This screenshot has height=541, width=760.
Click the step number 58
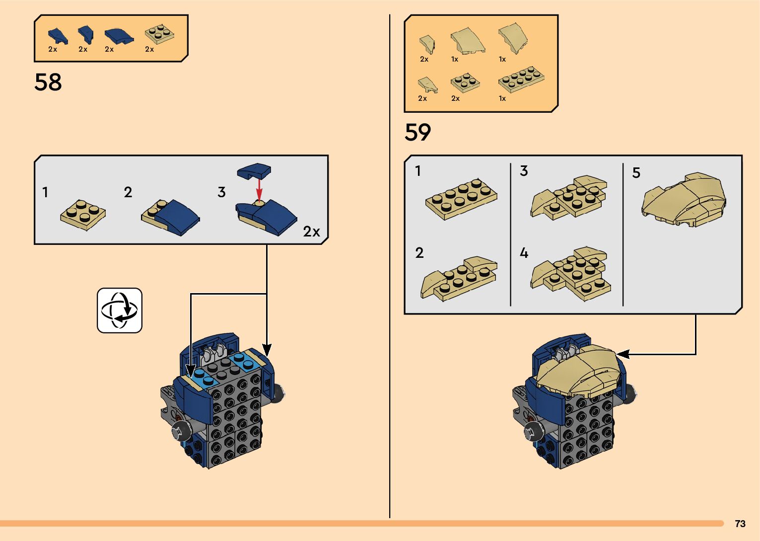[x=48, y=82]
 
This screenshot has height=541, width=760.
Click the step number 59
[x=417, y=133]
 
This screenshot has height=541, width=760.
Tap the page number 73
[x=740, y=524]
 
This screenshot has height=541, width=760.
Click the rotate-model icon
[x=120, y=310]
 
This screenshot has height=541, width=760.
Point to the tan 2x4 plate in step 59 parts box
[x=521, y=79]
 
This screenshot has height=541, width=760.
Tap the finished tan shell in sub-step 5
[x=684, y=200]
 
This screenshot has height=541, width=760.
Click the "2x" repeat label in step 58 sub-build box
[x=312, y=232]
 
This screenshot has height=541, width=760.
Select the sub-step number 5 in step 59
[x=636, y=173]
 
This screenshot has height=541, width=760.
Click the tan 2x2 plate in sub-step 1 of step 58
[x=83, y=215]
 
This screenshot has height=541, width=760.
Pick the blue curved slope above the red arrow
[x=254, y=171]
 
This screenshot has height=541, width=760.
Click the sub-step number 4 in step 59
[x=524, y=253]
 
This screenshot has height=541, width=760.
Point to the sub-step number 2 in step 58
[x=128, y=192]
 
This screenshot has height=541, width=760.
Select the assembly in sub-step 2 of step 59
[x=459, y=278]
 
